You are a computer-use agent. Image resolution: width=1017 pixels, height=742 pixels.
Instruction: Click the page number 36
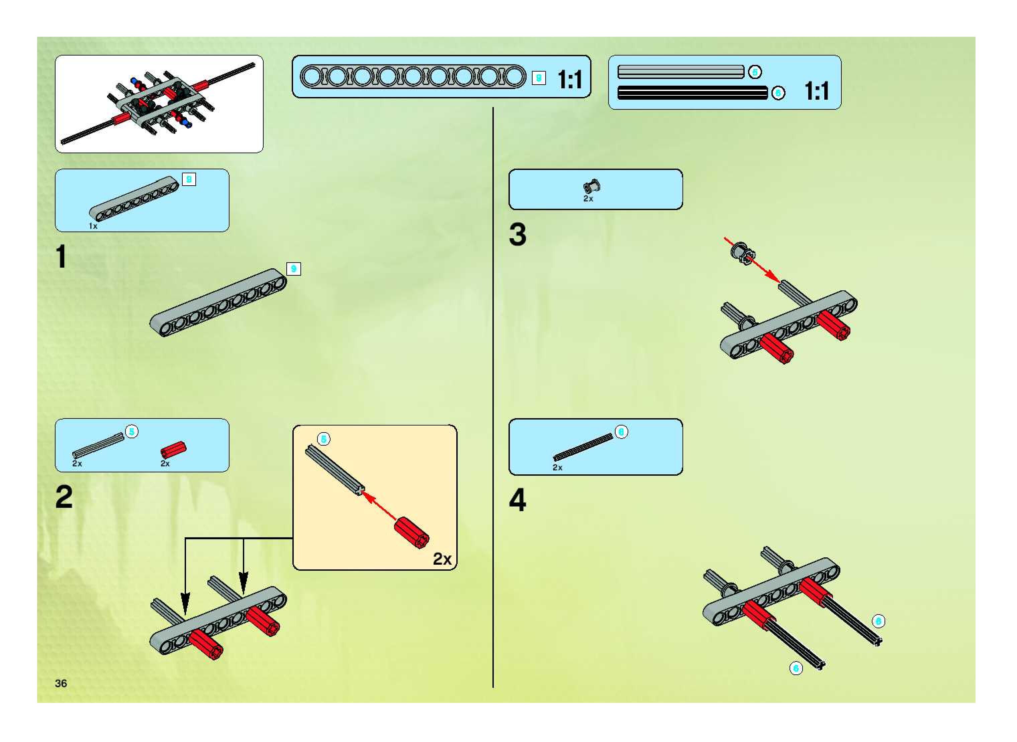click(x=61, y=683)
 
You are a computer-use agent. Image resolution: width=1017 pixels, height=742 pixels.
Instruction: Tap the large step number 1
click(x=62, y=257)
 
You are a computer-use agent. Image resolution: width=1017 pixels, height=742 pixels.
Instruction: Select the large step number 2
click(x=64, y=497)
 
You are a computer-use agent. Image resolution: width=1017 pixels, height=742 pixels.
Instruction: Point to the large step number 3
click(x=518, y=235)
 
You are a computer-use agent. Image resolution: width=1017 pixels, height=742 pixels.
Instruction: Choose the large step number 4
click(x=518, y=499)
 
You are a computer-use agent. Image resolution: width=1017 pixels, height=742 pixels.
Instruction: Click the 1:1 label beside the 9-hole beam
click(x=570, y=80)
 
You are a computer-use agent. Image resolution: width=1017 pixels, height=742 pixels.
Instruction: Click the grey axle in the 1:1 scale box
click(x=680, y=72)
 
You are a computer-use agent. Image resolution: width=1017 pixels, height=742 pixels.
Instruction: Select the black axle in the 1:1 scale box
click(x=692, y=93)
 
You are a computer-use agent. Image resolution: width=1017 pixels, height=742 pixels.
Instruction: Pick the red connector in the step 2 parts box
click(x=173, y=449)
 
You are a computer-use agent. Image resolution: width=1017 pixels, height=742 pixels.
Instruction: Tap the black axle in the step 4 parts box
click(x=583, y=447)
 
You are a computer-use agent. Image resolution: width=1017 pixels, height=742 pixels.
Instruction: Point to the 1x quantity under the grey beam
click(x=93, y=226)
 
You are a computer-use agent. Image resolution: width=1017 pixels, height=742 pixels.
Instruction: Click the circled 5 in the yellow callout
click(x=323, y=439)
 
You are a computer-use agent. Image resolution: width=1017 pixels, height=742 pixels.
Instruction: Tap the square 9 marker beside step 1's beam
click(x=293, y=269)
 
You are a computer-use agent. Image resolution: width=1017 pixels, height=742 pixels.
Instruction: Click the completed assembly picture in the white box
click(x=159, y=104)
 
